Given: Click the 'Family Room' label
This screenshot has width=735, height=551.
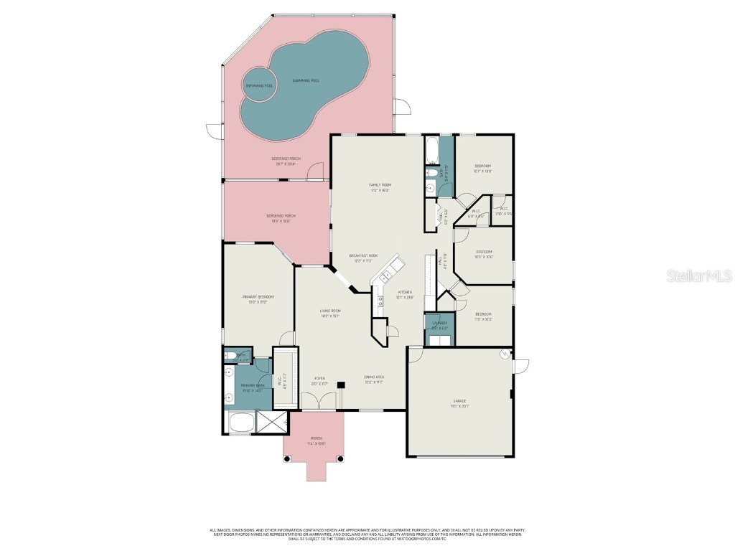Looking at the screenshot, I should (x=380, y=184).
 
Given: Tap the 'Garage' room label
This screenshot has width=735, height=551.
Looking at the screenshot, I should (x=459, y=400).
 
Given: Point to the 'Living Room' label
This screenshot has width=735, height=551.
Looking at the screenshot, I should (x=329, y=310).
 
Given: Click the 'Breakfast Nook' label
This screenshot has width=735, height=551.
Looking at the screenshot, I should (x=363, y=255).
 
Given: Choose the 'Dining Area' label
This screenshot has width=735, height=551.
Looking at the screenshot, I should (x=373, y=377).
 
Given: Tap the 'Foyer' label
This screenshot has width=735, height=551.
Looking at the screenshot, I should (x=319, y=378).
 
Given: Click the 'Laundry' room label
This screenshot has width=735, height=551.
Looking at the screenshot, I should (x=439, y=323).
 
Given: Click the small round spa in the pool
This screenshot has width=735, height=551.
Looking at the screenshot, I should (x=259, y=85).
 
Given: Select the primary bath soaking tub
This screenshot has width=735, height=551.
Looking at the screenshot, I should (x=240, y=423).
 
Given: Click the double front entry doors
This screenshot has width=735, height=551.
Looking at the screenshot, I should (x=316, y=410).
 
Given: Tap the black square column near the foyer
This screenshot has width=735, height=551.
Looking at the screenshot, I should (x=341, y=385).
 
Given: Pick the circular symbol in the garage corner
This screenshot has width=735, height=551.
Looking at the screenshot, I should (x=504, y=354).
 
